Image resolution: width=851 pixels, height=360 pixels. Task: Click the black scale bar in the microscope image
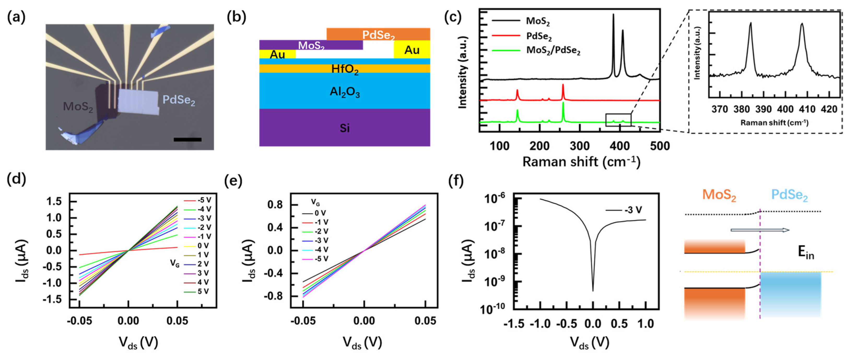pyautogui.click(x=187, y=140)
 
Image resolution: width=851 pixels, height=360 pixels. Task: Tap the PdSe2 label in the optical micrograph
pyautogui.click(x=179, y=100)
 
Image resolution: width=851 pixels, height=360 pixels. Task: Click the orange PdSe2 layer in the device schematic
pyautogui.click(x=378, y=34)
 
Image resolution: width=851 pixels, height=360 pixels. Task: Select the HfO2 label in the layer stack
pyautogui.click(x=345, y=69)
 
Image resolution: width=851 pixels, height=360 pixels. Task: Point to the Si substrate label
pyautogui.click(x=345, y=128)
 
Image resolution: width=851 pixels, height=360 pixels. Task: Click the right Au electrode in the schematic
pyautogui.click(x=412, y=50)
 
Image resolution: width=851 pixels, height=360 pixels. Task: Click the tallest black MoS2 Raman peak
pyautogui.click(x=613, y=15)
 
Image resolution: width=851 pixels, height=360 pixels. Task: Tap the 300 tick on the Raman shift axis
pyautogui.click(x=580, y=146)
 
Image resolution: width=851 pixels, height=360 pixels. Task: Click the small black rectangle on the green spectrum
pyautogui.click(x=618, y=120)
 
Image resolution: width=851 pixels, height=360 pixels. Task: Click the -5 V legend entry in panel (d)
pyautogui.click(x=198, y=200)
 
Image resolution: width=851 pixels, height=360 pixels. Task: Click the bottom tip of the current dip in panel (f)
pyautogui.click(x=593, y=291)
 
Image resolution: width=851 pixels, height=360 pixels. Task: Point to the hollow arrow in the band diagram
pyautogui.click(x=760, y=230)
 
